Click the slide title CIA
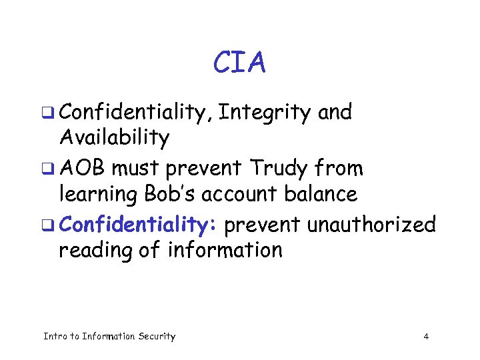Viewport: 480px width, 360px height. coord(239,63)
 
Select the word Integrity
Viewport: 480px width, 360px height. coord(265,113)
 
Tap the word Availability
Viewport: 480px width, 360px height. coord(114,138)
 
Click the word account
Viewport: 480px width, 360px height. coord(249,195)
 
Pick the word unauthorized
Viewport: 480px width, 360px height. coord(371,225)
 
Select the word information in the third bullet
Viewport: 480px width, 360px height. coord(225,250)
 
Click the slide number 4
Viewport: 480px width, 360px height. coord(426,337)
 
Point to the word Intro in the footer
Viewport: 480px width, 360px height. coord(55,337)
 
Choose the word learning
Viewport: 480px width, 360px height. coord(99,195)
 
